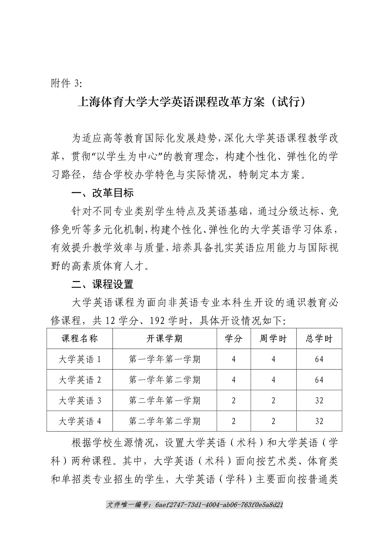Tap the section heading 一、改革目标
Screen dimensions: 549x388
click(x=102, y=193)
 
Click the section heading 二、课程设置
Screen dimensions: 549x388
click(x=102, y=284)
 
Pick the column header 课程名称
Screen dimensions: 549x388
click(x=80, y=339)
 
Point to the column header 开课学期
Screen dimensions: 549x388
click(x=165, y=339)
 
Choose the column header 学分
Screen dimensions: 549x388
click(x=234, y=339)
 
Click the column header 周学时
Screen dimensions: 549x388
click(x=273, y=339)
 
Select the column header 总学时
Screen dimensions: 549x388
click(x=319, y=339)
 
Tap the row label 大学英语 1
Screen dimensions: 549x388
click(x=80, y=359)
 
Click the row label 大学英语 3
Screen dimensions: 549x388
click(x=80, y=400)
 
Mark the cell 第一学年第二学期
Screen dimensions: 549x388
click(x=165, y=380)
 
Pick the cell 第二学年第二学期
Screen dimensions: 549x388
click(x=165, y=421)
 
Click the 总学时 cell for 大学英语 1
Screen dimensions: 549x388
click(x=319, y=359)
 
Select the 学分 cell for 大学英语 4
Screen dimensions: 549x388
click(x=234, y=421)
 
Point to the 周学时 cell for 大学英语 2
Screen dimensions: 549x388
click(x=273, y=380)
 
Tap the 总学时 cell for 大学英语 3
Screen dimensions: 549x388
click(x=319, y=400)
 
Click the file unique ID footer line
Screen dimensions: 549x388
click(x=195, y=505)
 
